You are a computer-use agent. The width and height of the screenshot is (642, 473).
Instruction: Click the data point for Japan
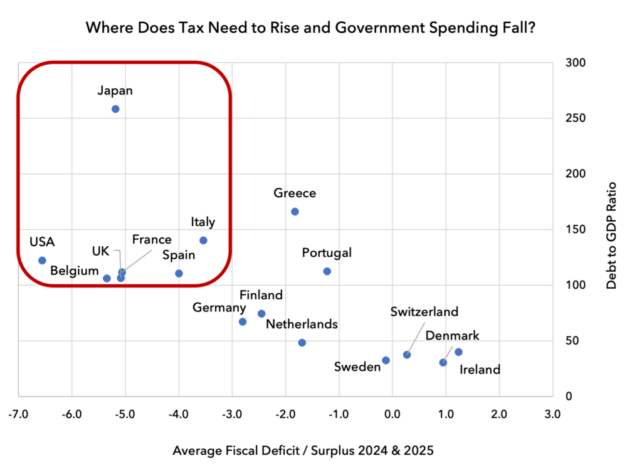tap(115, 109)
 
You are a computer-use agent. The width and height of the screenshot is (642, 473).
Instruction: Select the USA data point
tap(42, 260)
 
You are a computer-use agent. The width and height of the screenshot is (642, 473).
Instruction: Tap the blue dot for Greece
tap(295, 212)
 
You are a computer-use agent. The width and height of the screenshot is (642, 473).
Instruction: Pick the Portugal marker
tap(327, 271)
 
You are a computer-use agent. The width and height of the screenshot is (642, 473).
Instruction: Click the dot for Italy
tap(204, 240)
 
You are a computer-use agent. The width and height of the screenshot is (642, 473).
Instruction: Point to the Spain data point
tap(179, 273)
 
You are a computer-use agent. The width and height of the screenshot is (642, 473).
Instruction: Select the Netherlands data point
tap(302, 343)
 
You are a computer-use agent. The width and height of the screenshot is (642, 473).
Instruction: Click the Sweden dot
tap(386, 360)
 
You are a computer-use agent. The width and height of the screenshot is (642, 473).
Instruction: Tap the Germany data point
tap(243, 321)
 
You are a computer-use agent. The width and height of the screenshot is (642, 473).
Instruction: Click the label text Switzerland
tap(424, 312)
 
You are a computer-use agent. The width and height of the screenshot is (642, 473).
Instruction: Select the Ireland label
tap(480, 370)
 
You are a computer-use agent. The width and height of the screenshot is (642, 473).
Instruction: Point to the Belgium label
tap(75, 271)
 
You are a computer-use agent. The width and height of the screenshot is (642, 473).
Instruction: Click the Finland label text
tap(261, 294)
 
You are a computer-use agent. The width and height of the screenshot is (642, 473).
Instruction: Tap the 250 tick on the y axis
tap(576, 118)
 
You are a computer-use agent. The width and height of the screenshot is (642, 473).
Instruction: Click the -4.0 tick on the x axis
tap(179, 415)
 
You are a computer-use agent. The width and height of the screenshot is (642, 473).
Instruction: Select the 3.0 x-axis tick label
tap(552, 415)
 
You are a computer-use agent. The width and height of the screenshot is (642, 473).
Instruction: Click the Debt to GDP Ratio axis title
tap(611, 236)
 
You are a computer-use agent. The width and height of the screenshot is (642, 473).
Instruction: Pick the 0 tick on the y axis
tap(569, 396)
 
